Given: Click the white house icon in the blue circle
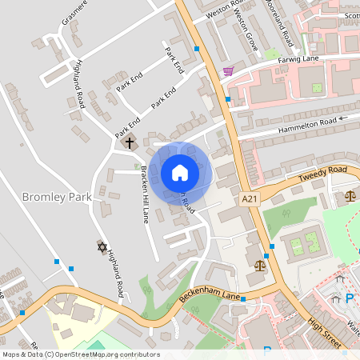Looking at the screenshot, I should tap(180, 172).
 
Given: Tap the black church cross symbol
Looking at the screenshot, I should tap(130, 143).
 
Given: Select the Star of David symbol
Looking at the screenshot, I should tap(102, 248).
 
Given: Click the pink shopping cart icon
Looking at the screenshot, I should tap(228, 72).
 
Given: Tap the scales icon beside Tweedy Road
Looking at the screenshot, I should tap(349, 194).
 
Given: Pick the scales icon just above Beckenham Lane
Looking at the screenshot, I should tap(258, 265).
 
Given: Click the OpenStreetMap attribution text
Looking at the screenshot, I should tap(80, 354).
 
